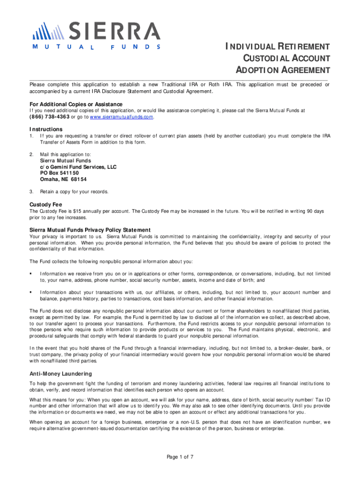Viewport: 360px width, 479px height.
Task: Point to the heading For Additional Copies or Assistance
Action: tap(76, 104)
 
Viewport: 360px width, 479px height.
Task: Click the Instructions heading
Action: tap(46, 129)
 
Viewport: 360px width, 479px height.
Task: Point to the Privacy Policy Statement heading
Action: tap(90, 230)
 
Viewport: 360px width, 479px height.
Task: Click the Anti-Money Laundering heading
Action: tap(61, 374)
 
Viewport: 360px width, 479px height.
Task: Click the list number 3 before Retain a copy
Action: tap(31, 191)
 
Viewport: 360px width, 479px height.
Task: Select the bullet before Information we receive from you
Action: tap(31, 274)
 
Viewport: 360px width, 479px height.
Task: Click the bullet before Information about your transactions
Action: tap(31, 292)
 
